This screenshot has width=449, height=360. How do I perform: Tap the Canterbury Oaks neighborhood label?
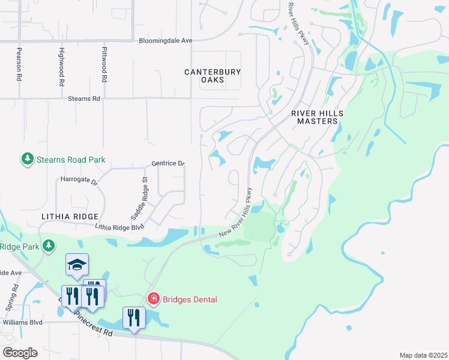point(212,76)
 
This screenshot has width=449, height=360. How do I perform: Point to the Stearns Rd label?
point(83,98)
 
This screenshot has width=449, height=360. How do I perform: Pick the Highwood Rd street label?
point(61,67)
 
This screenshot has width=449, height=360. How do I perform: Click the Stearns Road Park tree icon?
point(27,160)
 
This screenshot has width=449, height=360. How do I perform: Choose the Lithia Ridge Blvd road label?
point(121,227)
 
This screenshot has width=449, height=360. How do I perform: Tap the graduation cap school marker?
point(77,265)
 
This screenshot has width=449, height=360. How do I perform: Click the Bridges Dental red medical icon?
point(153,298)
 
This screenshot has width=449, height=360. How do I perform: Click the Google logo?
point(20,353)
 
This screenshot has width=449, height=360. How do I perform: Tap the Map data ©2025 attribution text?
point(423,355)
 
